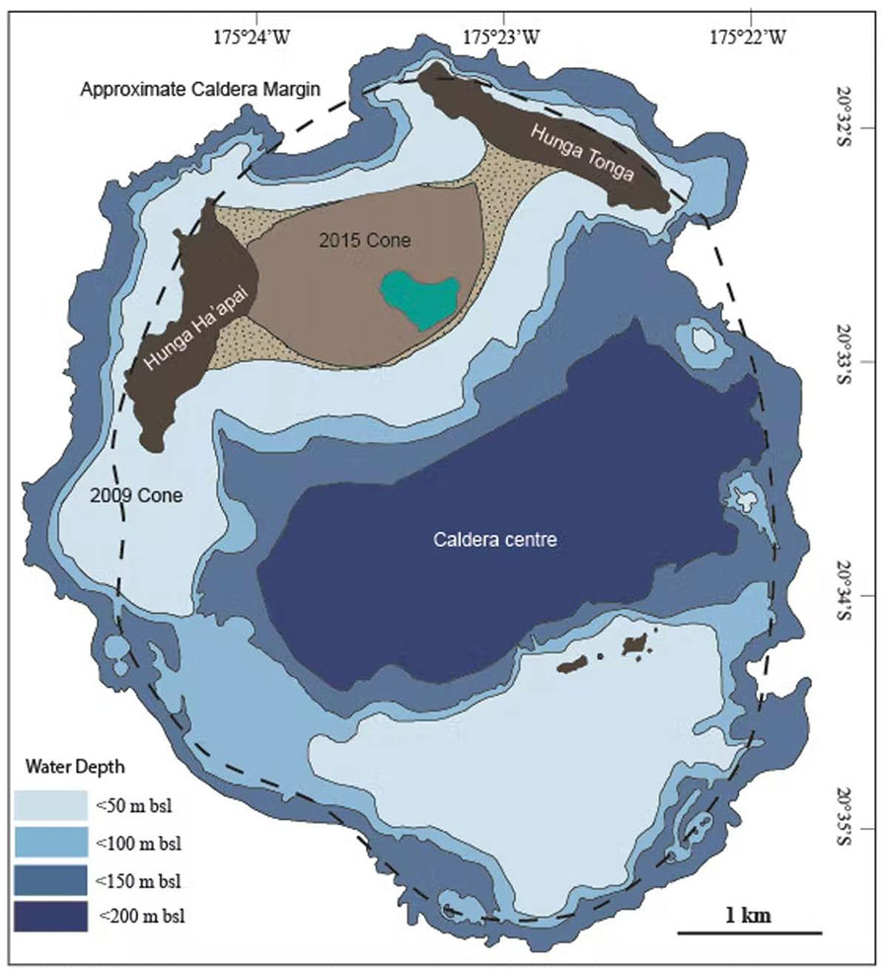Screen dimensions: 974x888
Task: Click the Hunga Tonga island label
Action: [595, 154]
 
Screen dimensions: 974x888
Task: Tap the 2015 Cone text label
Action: [357, 239]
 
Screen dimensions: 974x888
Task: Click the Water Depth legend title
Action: [66, 767]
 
